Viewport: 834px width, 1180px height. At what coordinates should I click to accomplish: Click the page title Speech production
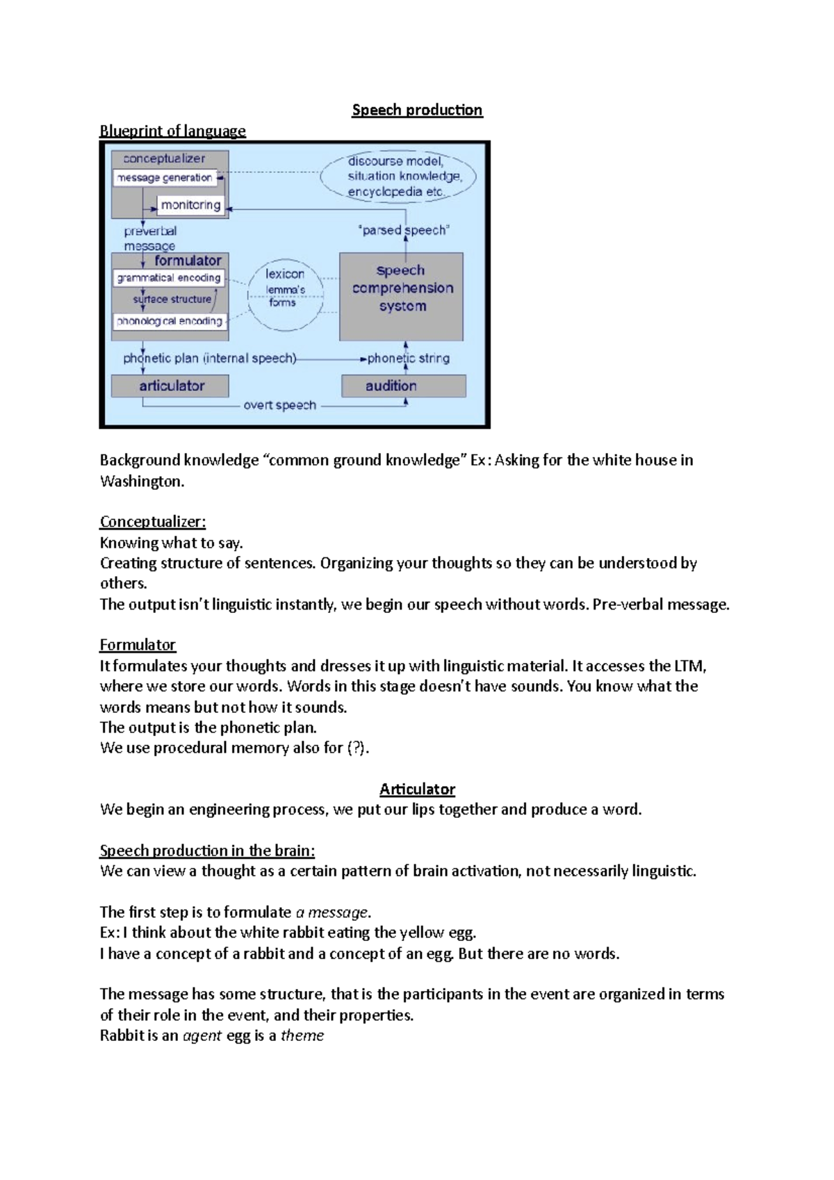[417, 110]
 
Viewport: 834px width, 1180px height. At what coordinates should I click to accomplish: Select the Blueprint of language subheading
[172, 131]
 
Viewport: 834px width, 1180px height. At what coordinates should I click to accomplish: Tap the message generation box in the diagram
[165, 178]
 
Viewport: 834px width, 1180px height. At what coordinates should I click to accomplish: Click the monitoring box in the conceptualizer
[190, 205]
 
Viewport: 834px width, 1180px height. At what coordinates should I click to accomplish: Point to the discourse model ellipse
[398, 177]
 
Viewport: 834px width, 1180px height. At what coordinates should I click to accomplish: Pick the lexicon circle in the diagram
[285, 288]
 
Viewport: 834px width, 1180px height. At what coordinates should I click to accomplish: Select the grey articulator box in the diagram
[170, 386]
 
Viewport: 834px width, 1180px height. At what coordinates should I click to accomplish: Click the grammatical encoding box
[169, 278]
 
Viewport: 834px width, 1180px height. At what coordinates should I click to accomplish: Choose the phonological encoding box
[170, 321]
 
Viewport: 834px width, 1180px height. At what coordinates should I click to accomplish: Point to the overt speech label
[279, 405]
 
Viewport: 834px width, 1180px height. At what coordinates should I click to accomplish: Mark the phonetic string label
[409, 359]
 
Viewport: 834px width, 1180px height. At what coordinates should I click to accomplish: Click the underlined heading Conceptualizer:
[153, 522]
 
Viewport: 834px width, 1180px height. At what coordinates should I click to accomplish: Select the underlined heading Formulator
[138, 645]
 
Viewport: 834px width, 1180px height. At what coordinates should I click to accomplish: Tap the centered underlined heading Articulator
[417, 789]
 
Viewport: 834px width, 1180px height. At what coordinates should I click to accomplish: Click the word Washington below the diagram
[141, 482]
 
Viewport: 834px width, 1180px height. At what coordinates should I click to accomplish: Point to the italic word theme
[302, 1036]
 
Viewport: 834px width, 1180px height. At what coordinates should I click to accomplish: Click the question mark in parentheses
[357, 748]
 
